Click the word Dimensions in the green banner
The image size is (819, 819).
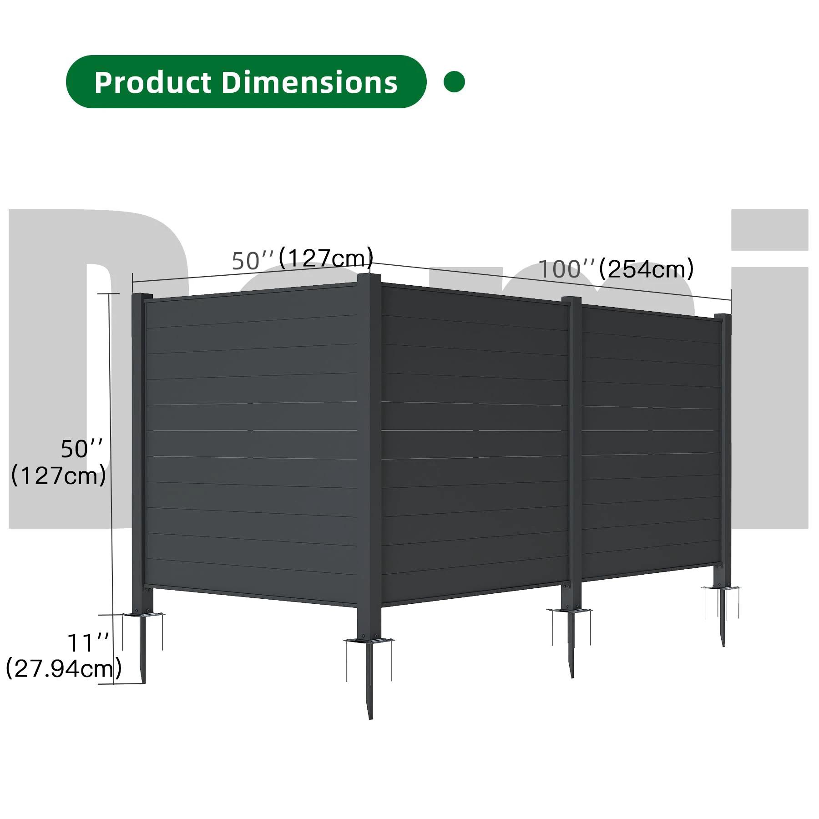[309, 82]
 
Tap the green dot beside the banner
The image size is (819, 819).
[454, 82]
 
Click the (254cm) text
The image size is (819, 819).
[646, 269]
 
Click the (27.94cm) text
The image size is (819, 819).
[64, 669]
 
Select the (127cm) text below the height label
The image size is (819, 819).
[58, 476]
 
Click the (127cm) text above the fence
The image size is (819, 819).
[326, 258]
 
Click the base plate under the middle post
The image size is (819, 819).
[570, 610]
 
